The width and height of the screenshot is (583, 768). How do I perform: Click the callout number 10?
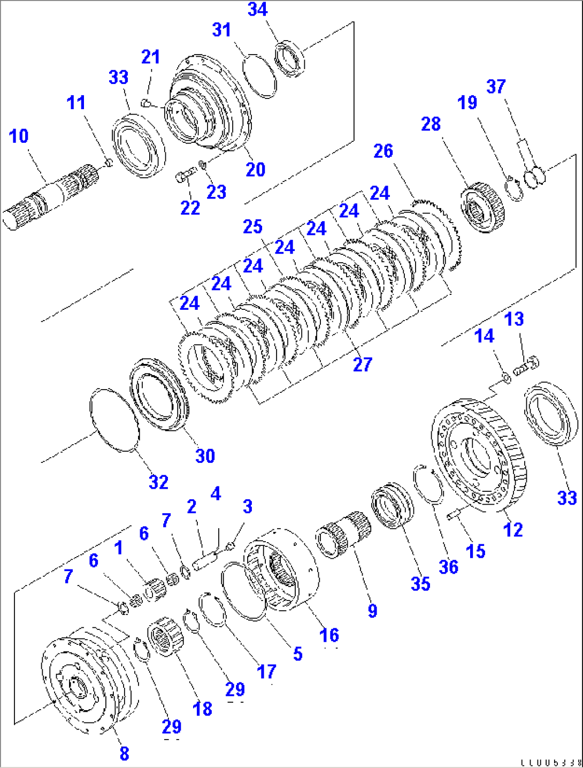click(x=19, y=136)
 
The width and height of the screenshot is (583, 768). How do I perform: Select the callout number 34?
click(x=257, y=10)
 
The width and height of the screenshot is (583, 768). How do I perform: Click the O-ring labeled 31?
click(x=260, y=75)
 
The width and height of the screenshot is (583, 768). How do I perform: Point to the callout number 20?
click(x=255, y=170)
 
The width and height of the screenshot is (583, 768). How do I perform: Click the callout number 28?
click(x=431, y=124)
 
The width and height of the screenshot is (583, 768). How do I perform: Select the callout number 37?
click(x=496, y=87)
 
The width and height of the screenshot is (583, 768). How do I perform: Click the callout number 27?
click(x=362, y=365)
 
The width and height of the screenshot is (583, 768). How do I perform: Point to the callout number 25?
click(x=252, y=227)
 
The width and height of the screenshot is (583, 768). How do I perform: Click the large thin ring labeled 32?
click(x=114, y=420)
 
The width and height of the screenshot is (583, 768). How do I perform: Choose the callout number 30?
click(x=205, y=456)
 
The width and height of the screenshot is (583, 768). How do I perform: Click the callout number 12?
click(x=512, y=530)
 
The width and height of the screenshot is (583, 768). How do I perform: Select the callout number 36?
click(x=448, y=567)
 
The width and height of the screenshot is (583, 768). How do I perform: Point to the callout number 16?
click(x=329, y=635)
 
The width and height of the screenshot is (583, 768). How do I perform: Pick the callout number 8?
click(x=124, y=754)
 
